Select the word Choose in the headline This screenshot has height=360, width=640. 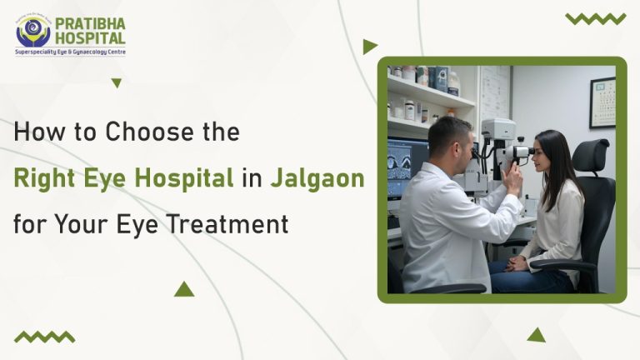[147, 132]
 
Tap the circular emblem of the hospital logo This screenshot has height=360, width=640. [33, 31]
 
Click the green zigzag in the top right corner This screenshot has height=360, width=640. [595, 18]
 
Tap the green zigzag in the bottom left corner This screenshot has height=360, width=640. [44, 337]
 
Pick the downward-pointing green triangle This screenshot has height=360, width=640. [117, 82]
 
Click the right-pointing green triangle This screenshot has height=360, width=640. [369, 47]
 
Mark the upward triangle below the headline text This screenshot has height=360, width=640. [184, 289]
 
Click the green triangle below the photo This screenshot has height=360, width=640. [536, 334]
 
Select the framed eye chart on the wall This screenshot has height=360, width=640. [602, 102]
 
